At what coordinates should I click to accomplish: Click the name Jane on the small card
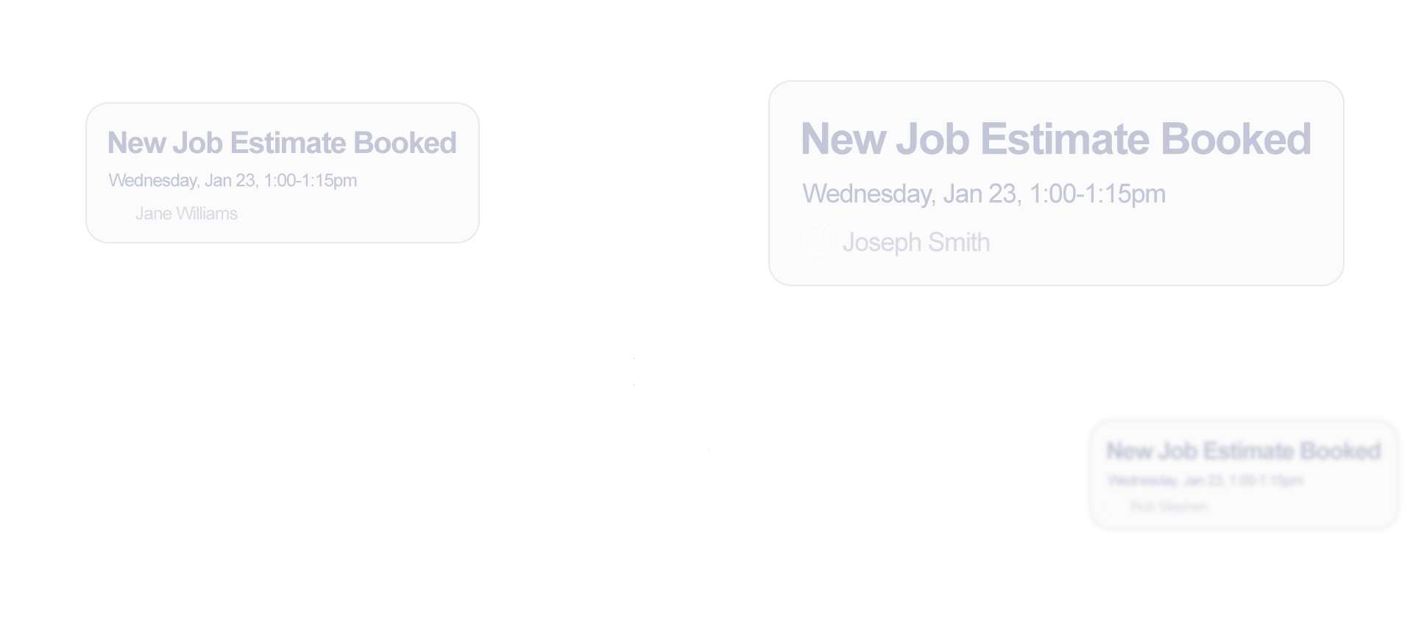click(x=153, y=214)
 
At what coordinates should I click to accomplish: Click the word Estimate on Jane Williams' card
click(x=288, y=143)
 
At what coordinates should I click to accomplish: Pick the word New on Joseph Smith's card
click(x=843, y=139)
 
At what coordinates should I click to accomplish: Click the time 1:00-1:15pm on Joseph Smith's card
click(x=1097, y=194)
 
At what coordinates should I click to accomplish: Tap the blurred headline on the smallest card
click(x=1244, y=450)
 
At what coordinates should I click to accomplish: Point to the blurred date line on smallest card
click(x=1205, y=480)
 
